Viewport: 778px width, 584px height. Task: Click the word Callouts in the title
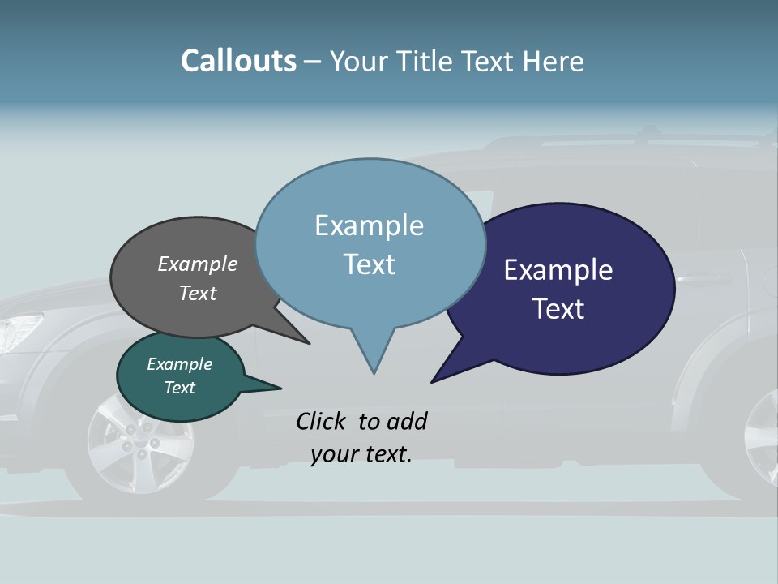click(x=238, y=61)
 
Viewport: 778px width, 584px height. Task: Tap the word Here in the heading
click(x=554, y=62)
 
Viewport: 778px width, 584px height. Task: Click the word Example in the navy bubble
click(x=558, y=270)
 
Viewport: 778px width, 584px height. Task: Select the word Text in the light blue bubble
click(x=370, y=264)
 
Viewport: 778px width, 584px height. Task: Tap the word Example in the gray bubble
click(x=197, y=264)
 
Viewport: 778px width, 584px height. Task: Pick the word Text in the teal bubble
click(x=179, y=388)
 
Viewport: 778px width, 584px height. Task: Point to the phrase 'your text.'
click(x=361, y=454)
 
